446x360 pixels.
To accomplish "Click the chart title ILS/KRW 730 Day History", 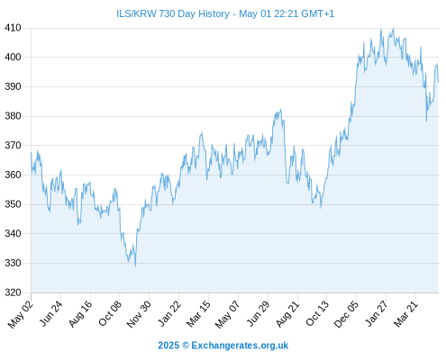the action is click(x=173, y=13).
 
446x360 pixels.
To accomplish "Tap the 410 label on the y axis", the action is click(x=13, y=28).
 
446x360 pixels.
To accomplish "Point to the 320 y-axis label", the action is click(x=13, y=292).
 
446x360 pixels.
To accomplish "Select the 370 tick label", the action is click(x=13, y=146).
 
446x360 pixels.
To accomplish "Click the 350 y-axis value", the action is click(x=13, y=204).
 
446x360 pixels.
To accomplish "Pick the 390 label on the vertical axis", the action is click(x=13, y=86).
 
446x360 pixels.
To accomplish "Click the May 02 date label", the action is click(x=20, y=314).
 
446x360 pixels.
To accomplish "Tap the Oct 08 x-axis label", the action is click(x=110, y=313).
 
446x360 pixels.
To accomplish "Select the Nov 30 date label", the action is click(x=139, y=314).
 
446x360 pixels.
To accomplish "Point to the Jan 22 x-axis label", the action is click(x=169, y=313).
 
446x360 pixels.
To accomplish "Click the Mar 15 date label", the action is click(x=198, y=314).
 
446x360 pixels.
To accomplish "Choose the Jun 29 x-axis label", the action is click(x=258, y=313).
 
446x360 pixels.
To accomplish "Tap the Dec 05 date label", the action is click(x=346, y=314).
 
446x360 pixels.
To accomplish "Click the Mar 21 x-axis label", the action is click(x=406, y=314).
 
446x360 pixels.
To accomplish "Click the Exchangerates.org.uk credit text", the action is click(x=240, y=346).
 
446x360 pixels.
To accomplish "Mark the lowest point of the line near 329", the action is click(x=135, y=266).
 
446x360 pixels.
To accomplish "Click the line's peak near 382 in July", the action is click(x=281, y=110).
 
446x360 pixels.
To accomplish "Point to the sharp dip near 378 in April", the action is click(x=426, y=121).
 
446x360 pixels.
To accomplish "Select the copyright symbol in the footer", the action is click(x=186, y=346).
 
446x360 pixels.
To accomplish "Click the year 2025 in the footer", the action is click(x=168, y=346).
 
